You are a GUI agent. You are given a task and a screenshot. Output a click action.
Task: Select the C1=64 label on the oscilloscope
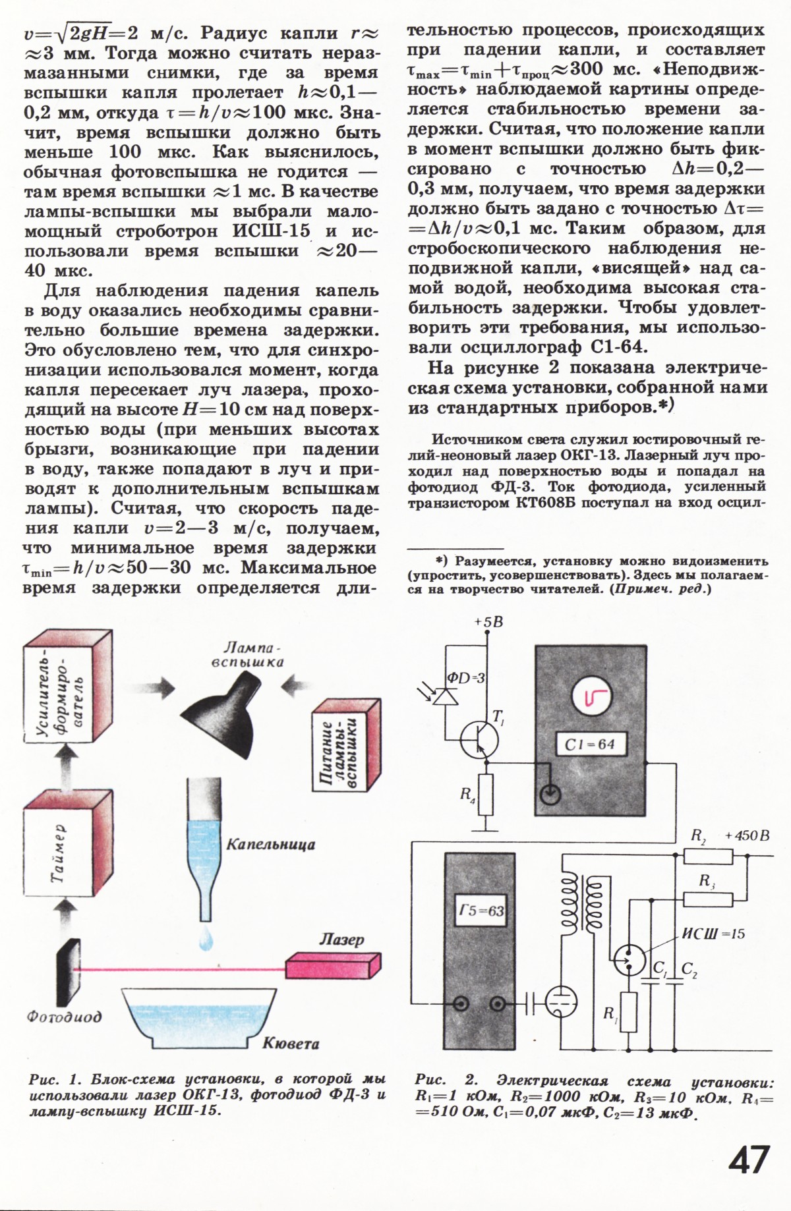pos(590,745)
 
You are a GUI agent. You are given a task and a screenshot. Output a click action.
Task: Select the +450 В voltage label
pos(747,836)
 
